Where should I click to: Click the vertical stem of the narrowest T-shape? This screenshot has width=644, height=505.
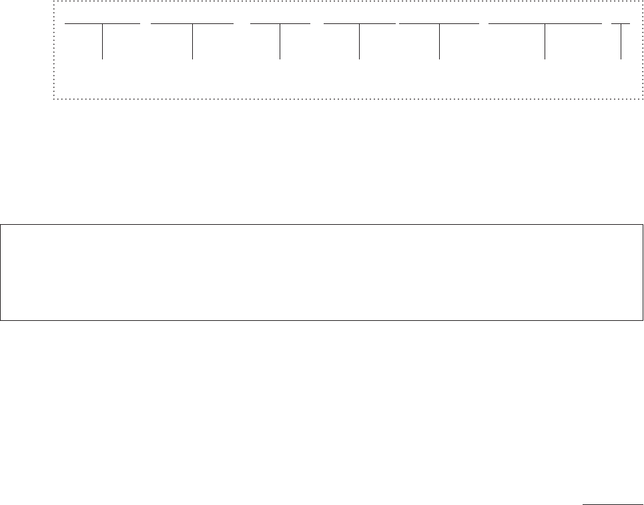621,42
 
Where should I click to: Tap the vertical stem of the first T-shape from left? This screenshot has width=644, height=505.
103,42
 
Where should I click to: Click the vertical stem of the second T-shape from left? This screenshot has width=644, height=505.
192,42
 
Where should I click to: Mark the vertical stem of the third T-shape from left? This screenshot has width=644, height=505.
280,42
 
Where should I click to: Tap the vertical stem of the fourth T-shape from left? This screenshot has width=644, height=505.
359,42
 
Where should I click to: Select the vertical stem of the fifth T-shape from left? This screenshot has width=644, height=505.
440,42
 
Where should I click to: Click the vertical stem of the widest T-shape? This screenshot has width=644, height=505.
545,42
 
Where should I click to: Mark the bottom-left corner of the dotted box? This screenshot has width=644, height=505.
53,99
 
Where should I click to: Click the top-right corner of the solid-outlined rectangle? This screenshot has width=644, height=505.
643,225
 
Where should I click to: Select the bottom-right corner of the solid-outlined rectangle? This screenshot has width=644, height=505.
643,320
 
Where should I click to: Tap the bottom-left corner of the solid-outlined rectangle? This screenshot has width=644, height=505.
1,320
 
